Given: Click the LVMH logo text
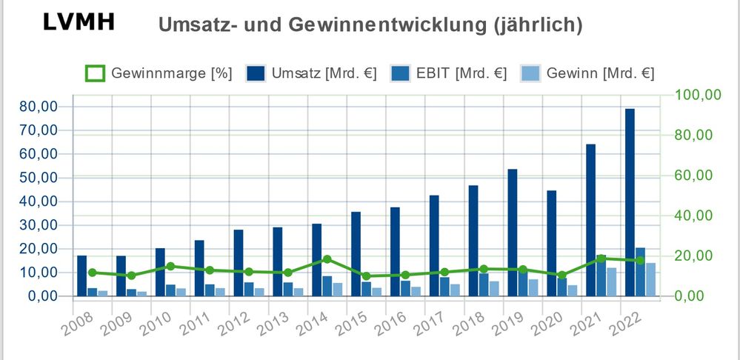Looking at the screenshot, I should click(x=79, y=21).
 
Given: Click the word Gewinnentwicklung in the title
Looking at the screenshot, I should click(x=370, y=25).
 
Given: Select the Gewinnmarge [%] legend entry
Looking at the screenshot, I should click(x=159, y=73).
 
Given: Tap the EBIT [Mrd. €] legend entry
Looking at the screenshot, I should click(x=453, y=73).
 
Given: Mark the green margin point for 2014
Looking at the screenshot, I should click(x=327, y=259).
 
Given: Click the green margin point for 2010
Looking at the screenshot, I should click(x=170, y=266).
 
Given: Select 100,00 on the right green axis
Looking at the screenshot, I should click(x=695, y=95).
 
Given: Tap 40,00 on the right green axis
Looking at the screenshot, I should click(x=695, y=216).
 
